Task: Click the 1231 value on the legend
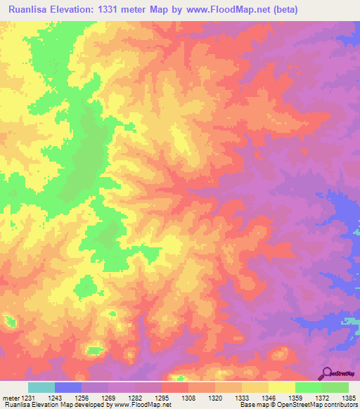[28, 398]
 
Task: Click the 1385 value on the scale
[349, 398]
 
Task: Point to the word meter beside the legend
[10, 398]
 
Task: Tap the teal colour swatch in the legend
[41, 387]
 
